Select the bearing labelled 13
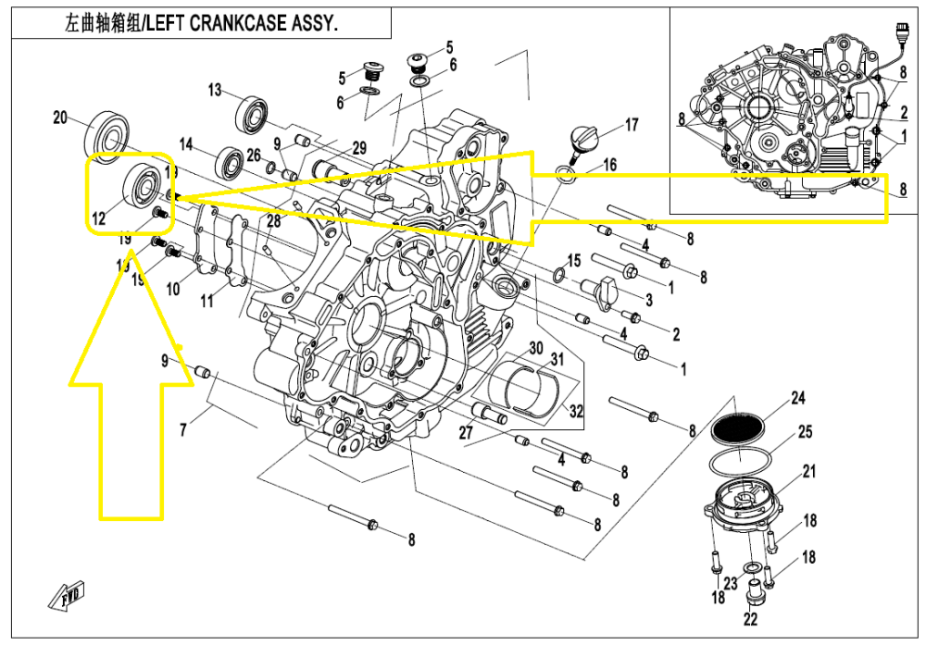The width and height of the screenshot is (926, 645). coord(252,113)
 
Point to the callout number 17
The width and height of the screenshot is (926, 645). coord(632,125)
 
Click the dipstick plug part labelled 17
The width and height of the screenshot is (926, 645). coord(584,141)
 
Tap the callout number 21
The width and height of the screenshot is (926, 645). coord(809,473)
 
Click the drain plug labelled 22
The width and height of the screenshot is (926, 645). coord(751,589)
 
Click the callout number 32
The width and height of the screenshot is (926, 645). coord(577,412)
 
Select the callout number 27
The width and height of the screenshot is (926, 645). coord(466,433)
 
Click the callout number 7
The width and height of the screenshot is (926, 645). coord(183,430)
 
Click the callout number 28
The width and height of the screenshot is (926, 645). coord(272,220)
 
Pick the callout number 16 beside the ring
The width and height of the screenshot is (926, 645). coord(608,166)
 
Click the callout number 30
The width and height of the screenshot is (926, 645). coord(535,349)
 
